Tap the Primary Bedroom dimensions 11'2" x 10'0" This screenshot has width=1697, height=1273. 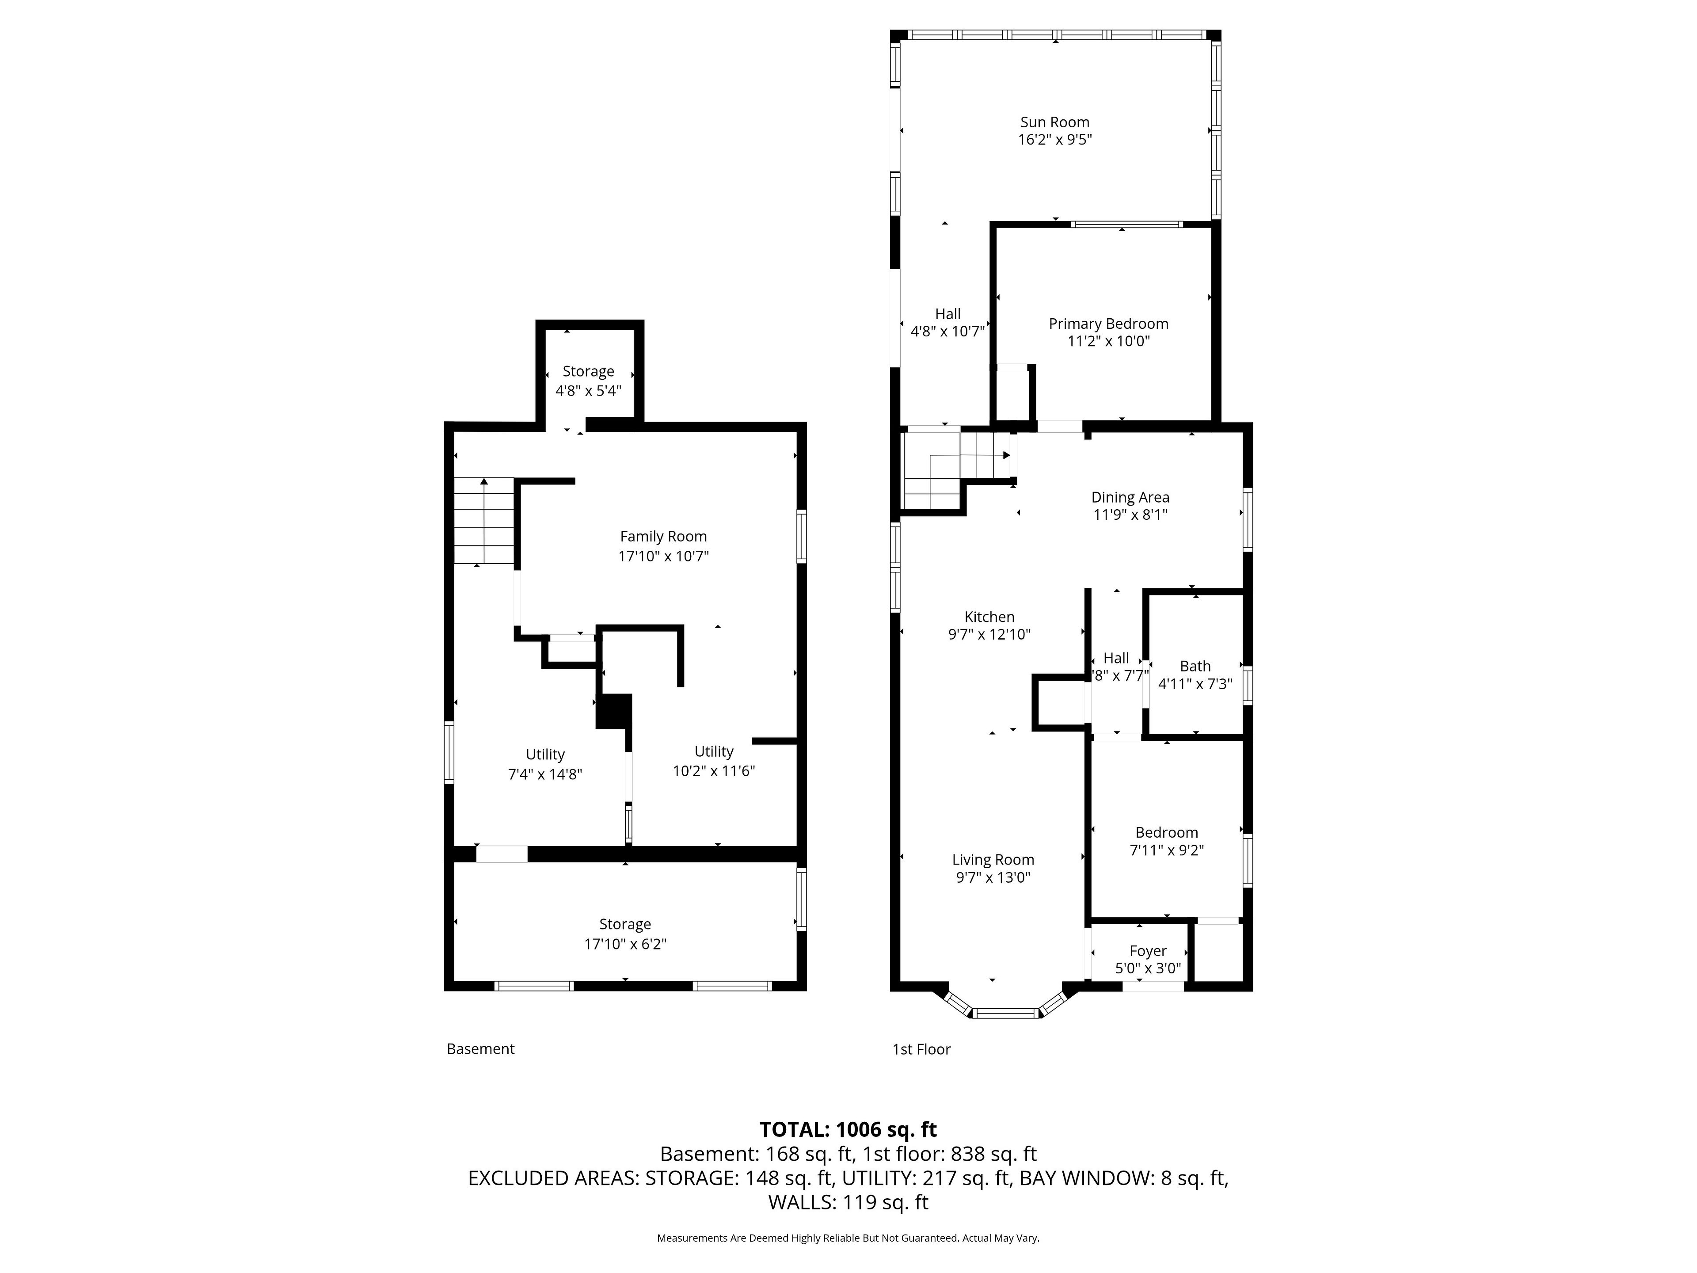tap(1108, 342)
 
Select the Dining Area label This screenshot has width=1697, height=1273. tap(1130, 497)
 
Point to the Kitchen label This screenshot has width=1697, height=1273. tap(989, 617)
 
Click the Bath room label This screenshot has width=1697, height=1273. tap(1195, 666)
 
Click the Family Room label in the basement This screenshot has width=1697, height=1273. tap(664, 536)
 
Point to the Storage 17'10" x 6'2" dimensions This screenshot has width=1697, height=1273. tap(625, 944)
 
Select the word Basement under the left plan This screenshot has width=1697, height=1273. tap(480, 1049)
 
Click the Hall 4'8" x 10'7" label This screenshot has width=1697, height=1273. tap(947, 322)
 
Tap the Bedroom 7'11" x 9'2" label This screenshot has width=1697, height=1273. tap(1166, 841)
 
